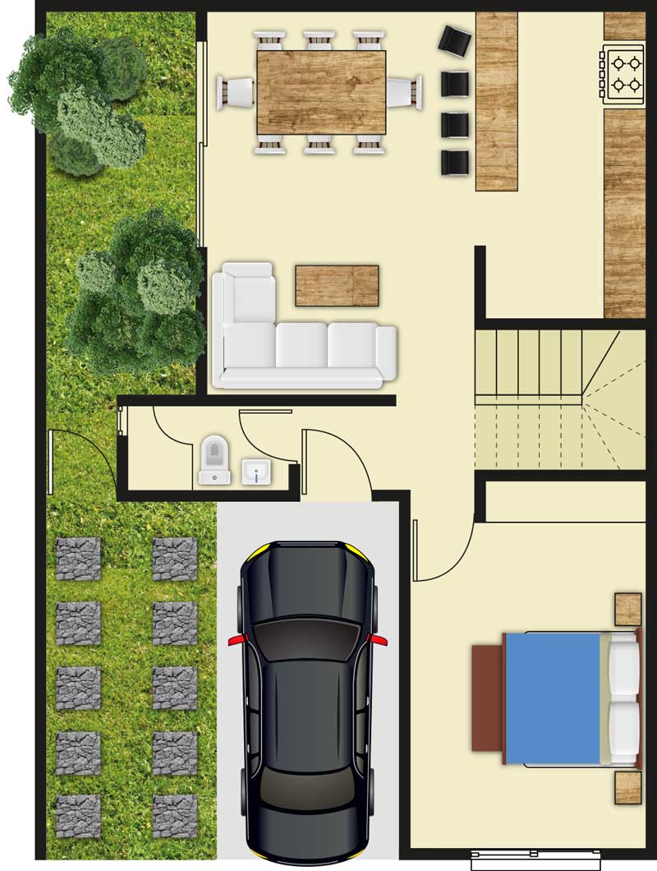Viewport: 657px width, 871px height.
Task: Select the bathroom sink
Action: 256,472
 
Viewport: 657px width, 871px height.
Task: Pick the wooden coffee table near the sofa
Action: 337,285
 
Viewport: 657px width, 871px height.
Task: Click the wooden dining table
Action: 321,91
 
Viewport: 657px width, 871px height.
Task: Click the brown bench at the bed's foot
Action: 487,698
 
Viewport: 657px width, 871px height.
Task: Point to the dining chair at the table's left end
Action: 235,91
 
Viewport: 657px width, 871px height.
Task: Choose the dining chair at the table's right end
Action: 404,91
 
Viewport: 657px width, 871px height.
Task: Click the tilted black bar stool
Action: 454,39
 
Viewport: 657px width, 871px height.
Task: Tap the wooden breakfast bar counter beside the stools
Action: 496,100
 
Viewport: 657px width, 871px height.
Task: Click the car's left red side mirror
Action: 234,638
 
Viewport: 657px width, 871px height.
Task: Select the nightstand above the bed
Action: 628,609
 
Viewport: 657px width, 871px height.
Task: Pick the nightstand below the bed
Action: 628,786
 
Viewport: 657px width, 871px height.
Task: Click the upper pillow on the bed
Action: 624,666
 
